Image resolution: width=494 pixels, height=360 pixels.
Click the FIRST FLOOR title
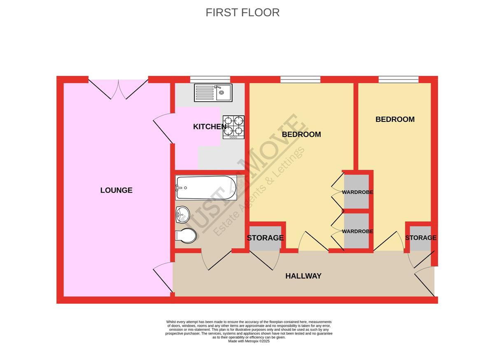point(242,13)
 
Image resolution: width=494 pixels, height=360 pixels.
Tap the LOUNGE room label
point(116,190)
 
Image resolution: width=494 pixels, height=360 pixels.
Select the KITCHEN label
point(210,127)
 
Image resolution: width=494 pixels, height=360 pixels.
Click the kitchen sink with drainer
point(213,93)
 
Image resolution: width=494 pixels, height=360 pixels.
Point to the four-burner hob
point(233,127)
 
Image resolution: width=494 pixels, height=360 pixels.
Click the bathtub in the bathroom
point(206,188)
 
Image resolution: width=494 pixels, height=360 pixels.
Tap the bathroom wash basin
point(183,214)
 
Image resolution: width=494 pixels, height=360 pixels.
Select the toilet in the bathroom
point(186,235)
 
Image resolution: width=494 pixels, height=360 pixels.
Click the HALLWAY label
point(303,276)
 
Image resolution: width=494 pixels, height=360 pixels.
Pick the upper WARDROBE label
point(357,192)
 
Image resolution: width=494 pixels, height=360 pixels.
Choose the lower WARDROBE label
point(357,231)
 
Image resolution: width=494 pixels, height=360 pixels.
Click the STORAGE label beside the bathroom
point(265,238)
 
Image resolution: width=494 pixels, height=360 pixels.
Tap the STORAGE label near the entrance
point(421,238)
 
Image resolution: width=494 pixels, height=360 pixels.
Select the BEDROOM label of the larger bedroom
point(301,135)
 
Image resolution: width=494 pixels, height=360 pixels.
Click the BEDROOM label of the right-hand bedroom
point(395,119)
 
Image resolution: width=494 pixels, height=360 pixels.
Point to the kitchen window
point(210,79)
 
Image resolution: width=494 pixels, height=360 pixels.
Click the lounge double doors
point(118,89)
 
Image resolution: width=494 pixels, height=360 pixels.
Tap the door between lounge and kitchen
point(163,128)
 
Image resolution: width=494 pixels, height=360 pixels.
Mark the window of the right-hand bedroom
point(398,79)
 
